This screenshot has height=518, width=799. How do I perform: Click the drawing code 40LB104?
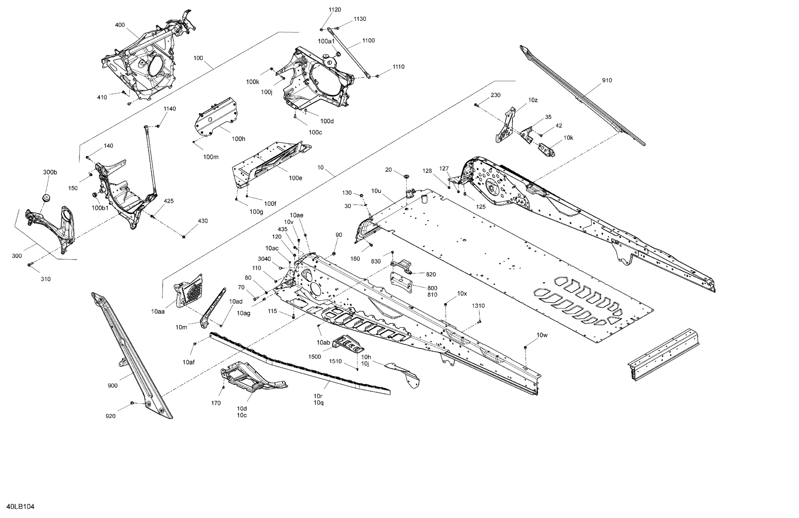[x=20, y=507]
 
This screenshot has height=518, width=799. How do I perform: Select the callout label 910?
[x=607, y=80]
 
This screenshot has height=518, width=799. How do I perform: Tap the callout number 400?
[x=120, y=25]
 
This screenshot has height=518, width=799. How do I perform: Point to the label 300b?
[x=50, y=172]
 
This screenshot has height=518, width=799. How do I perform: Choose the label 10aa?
[x=158, y=312]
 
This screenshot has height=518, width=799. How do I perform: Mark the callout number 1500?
[x=315, y=357]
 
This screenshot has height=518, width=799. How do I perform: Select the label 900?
[x=112, y=386]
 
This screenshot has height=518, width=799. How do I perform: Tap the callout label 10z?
[x=533, y=100]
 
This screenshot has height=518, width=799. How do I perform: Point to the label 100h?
[x=238, y=139]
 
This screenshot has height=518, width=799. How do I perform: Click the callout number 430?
[x=203, y=221]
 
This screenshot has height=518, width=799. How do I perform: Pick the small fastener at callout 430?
[x=184, y=237]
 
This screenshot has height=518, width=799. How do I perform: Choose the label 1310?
[x=478, y=306]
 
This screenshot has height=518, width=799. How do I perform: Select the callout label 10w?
[x=542, y=335]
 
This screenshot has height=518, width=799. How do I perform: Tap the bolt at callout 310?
[x=30, y=265]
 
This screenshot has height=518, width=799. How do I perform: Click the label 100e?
[x=295, y=178]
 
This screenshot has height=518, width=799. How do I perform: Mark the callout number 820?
[x=431, y=274]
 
